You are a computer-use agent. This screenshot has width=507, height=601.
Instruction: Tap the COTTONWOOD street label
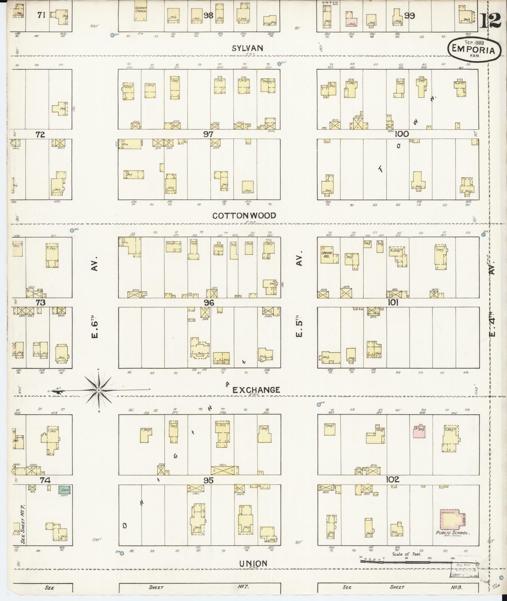[x=244, y=216]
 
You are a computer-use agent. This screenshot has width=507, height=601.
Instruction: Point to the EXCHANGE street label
[x=256, y=390]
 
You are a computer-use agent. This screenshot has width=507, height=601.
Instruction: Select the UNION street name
[x=253, y=563]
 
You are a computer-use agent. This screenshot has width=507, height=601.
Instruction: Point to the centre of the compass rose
[x=99, y=390]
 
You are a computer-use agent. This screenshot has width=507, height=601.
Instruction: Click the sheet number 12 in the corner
[x=491, y=21]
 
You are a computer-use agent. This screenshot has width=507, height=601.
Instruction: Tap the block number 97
[x=208, y=134]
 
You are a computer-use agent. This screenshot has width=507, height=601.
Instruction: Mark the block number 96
[x=209, y=302]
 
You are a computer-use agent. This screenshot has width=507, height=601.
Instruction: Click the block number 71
[x=41, y=15]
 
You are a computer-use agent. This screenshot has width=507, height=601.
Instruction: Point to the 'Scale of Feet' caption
[x=406, y=554]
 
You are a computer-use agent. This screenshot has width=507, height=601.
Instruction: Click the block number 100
[x=402, y=134]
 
